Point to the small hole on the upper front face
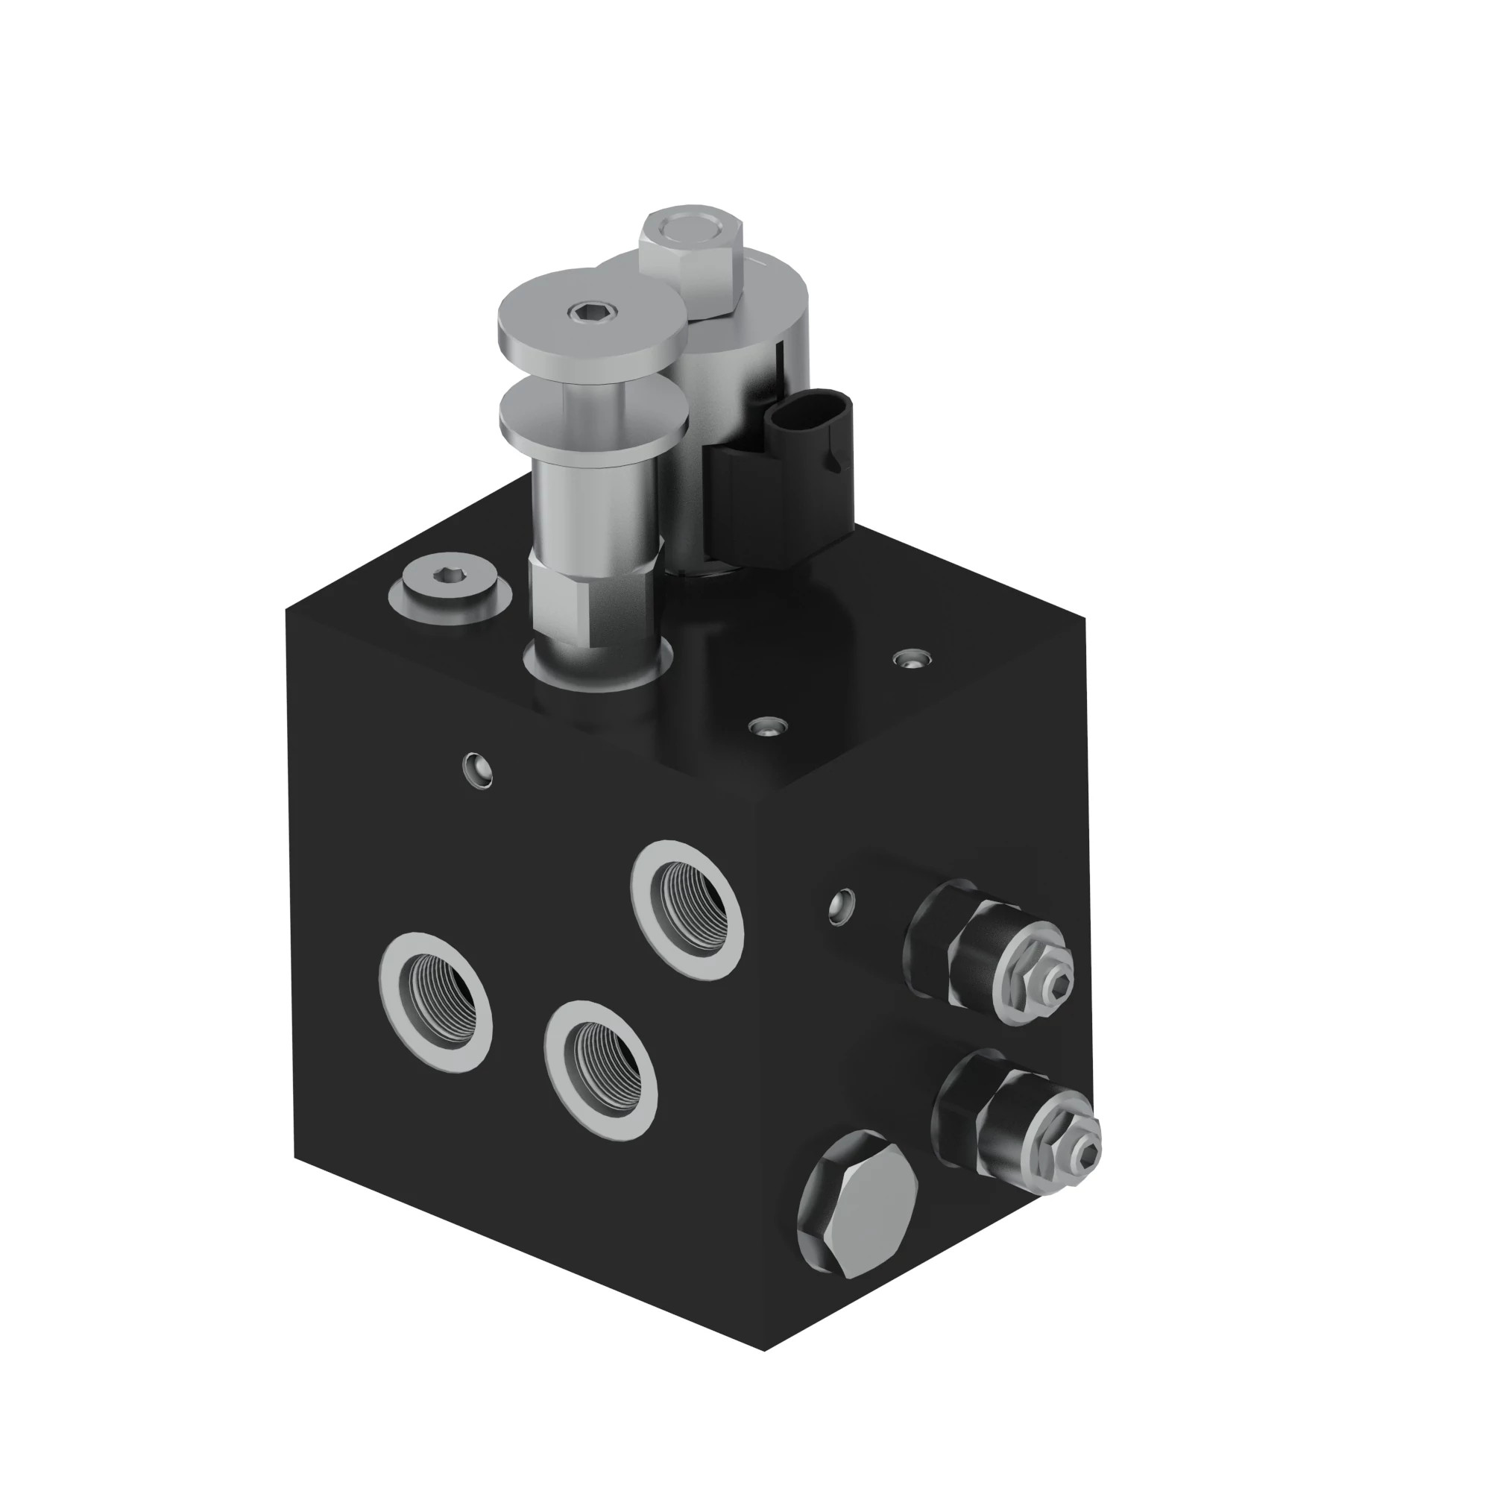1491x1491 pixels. pos(477,769)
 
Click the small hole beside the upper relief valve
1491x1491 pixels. pos(843,905)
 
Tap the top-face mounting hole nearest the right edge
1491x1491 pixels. pos(912,658)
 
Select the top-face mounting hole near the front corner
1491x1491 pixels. pos(768,725)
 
